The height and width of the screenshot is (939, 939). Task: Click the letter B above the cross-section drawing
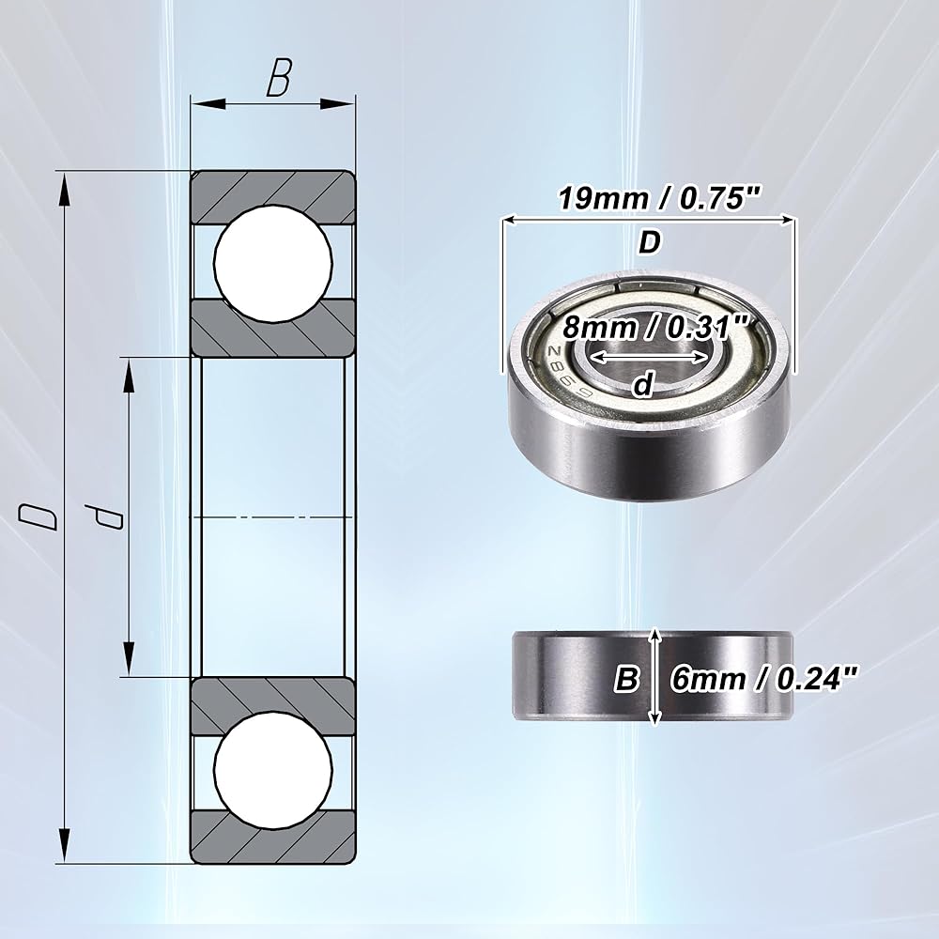279,78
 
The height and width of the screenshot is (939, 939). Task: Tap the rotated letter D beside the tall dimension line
38,516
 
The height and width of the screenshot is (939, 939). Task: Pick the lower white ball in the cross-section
273,770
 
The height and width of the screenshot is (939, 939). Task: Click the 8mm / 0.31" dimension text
655,327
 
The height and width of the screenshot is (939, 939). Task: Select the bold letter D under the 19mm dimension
650,243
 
